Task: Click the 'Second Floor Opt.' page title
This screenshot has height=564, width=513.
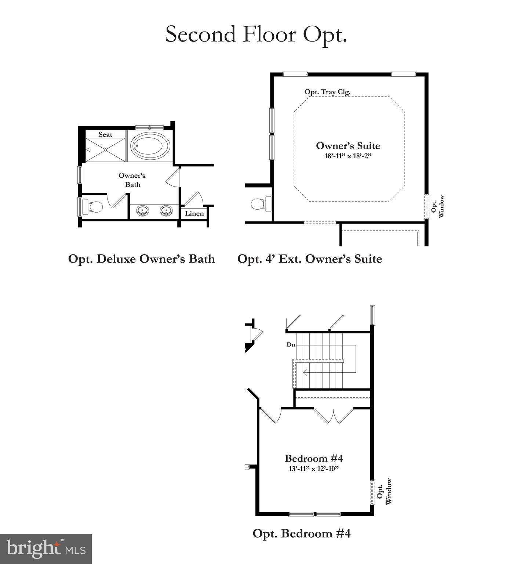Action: [256, 34]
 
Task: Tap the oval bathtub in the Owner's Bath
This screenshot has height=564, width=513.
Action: [150, 146]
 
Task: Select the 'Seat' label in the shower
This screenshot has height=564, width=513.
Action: [105, 135]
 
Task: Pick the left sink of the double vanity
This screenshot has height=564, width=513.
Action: [142, 211]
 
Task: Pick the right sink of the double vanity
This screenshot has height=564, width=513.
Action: [166, 211]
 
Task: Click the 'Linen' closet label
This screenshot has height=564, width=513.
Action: [194, 213]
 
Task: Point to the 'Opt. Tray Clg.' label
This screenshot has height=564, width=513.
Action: [327, 92]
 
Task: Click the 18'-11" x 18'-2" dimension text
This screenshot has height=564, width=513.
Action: [348, 156]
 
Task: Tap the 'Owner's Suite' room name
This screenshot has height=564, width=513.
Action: [348, 146]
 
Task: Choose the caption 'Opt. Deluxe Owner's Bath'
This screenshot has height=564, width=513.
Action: [141, 259]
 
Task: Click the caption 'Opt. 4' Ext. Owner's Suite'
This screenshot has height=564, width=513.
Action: [309, 259]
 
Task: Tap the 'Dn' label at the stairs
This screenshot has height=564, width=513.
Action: [291, 345]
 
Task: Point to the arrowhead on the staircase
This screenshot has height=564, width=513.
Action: [305, 373]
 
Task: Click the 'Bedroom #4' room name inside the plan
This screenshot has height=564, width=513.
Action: [314, 458]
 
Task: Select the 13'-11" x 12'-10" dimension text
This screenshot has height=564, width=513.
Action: [314, 469]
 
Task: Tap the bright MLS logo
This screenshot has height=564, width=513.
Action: [46, 549]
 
